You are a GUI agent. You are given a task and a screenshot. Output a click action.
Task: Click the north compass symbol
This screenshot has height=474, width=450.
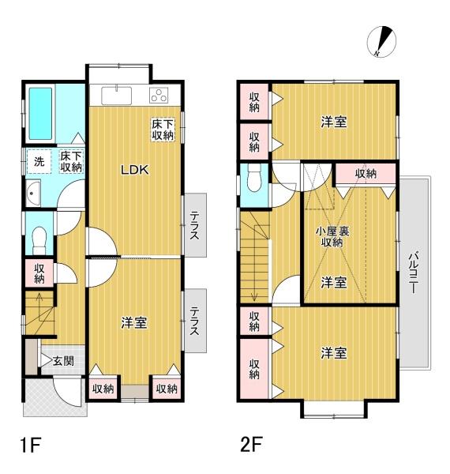point(381,42)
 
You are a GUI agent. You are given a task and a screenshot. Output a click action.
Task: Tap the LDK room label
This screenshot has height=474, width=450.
point(135,170)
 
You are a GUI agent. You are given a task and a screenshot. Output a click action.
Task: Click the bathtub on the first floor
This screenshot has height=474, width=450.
point(40,114)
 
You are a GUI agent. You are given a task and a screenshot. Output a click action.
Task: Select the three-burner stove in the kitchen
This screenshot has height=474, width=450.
point(159,96)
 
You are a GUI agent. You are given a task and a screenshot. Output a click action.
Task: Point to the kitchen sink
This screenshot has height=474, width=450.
point(117,96)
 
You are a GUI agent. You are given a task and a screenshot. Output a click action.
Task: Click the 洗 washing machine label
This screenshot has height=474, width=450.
point(39,162)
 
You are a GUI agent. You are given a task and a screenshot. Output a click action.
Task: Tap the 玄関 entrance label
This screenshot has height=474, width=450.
point(63,361)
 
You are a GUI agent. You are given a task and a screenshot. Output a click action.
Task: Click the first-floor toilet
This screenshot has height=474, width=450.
point(39,241)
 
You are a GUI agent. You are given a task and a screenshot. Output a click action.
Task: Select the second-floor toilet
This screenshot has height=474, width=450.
point(253,178)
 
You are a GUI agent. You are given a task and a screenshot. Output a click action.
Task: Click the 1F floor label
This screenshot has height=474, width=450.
point(31,444)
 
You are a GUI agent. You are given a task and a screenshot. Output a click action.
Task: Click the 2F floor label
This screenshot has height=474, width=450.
point(251,444)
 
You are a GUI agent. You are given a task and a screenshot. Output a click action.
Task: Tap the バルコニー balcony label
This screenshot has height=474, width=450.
point(413,273)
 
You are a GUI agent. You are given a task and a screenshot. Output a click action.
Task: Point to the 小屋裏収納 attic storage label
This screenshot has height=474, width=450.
point(332,237)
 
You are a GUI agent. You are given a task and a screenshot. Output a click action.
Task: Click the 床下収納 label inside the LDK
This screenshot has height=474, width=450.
point(163,130)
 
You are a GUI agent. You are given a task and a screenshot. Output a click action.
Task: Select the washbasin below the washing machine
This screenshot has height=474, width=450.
point(33,194)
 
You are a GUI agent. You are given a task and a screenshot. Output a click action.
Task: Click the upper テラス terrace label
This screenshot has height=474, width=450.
point(194,225)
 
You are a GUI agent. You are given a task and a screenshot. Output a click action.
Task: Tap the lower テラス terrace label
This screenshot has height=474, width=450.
point(194,321)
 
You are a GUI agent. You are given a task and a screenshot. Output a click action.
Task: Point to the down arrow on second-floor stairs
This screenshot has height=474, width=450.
point(254,285)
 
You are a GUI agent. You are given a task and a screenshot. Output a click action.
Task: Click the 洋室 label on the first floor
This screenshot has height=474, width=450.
point(133,323)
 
